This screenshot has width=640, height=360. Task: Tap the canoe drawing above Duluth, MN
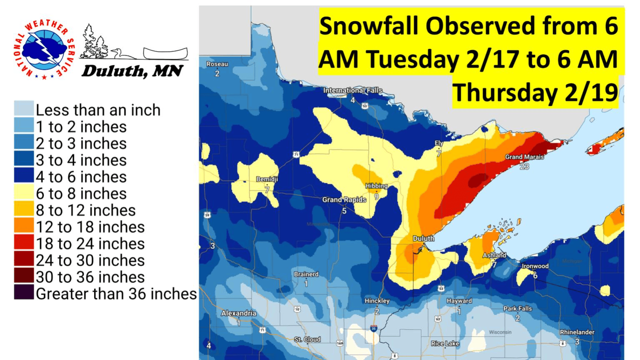(165, 53)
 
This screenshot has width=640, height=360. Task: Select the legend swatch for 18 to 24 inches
(24, 243)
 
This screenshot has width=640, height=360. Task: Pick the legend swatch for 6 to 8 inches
(24, 193)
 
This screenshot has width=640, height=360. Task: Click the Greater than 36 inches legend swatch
(24, 293)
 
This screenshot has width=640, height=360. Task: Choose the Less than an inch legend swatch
(24, 109)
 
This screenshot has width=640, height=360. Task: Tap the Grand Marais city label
(525, 157)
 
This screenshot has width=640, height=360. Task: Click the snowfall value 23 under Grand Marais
(524, 167)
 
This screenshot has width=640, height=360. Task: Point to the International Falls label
(352, 90)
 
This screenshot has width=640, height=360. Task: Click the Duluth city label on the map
(423, 238)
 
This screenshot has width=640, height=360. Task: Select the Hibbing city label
(376, 186)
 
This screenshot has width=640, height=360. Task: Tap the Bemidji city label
(267, 179)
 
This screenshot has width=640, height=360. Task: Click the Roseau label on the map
(217, 64)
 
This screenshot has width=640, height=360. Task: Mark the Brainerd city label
(306, 274)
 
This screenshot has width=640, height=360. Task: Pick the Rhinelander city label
(577, 332)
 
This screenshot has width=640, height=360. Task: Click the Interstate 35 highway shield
(374, 329)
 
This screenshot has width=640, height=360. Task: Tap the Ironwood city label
(535, 266)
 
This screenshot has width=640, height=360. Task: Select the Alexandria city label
(239, 313)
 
